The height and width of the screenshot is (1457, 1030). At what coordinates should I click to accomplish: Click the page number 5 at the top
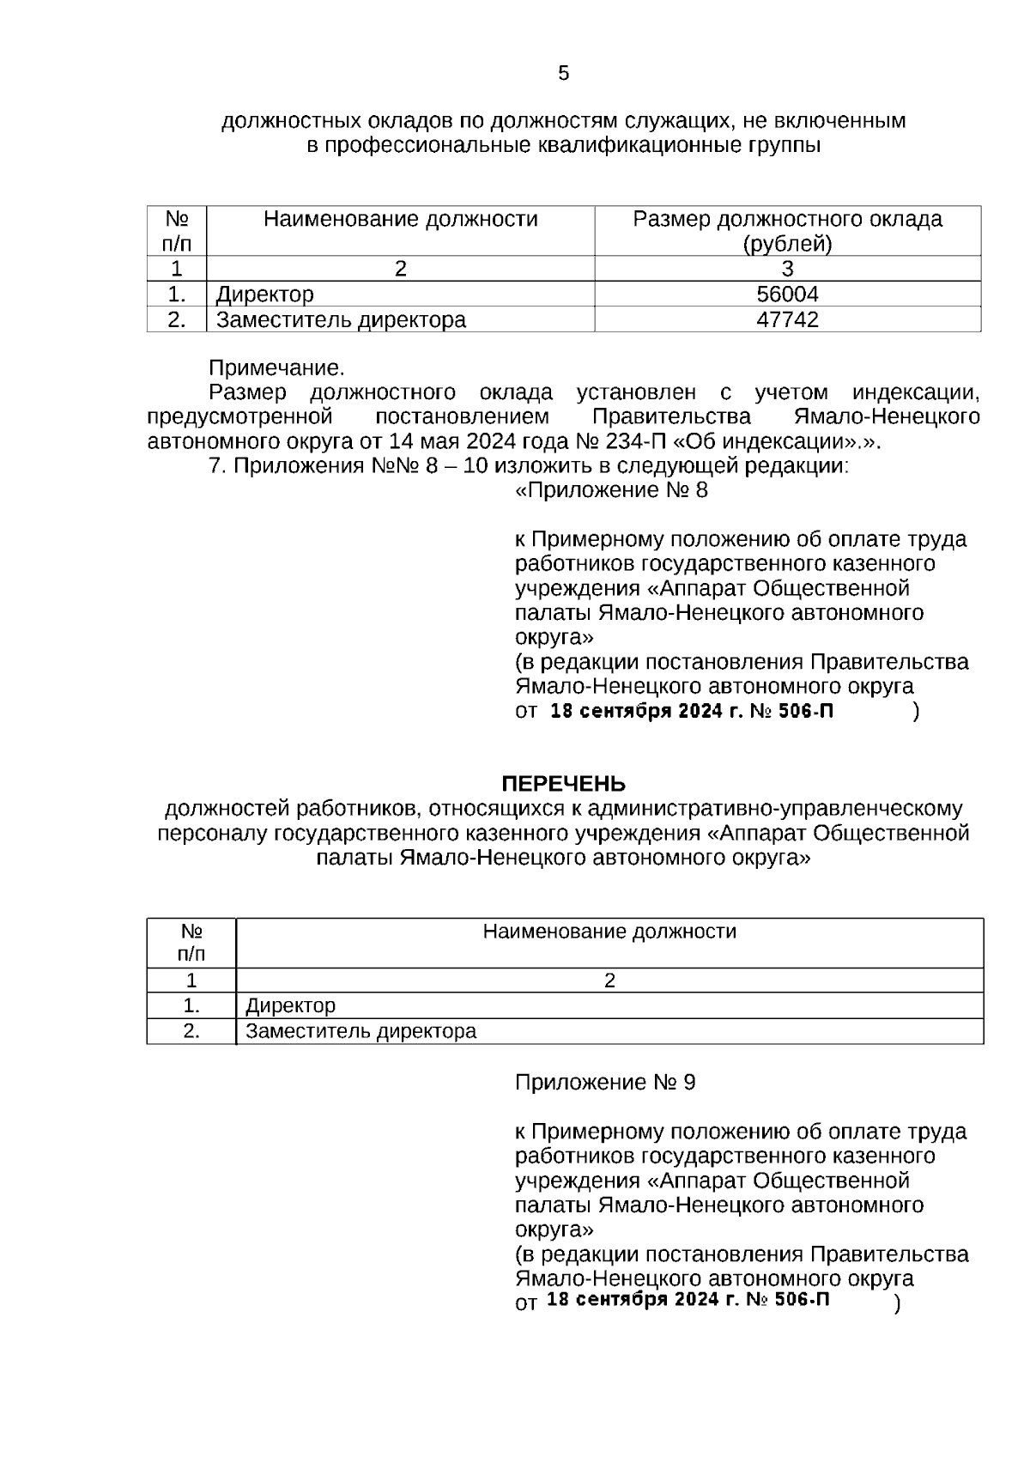pos(563,74)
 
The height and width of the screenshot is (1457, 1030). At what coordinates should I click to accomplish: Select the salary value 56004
pos(787,294)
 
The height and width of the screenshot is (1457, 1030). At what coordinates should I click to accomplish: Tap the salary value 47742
pos(787,320)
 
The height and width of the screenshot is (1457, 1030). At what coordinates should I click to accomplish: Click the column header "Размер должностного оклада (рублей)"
pos(787,231)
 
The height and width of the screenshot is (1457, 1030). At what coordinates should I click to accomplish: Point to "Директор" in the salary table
pos(264,294)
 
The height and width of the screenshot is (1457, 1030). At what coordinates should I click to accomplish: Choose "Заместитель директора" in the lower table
pos(360,1031)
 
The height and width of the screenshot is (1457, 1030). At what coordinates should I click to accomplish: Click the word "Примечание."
pos(276,368)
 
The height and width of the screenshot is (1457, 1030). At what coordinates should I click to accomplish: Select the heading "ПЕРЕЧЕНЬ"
pos(563,784)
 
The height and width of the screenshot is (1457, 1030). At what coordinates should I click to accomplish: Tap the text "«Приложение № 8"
pos(611,490)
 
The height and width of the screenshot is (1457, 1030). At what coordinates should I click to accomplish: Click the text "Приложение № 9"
pos(605,1082)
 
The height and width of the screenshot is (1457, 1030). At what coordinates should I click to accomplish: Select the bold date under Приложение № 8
pos(691,712)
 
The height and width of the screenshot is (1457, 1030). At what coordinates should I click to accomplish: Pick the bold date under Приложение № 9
pos(688,1299)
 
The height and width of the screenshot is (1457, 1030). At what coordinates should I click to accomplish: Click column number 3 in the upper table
pos(787,269)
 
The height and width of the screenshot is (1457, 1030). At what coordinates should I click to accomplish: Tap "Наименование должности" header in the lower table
pos(609,932)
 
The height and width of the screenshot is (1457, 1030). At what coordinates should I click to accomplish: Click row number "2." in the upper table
pos(177,320)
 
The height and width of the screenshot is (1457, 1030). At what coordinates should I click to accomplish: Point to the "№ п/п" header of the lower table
pos(191,943)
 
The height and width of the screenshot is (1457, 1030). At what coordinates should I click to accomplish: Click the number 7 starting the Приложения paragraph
pos(215,466)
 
